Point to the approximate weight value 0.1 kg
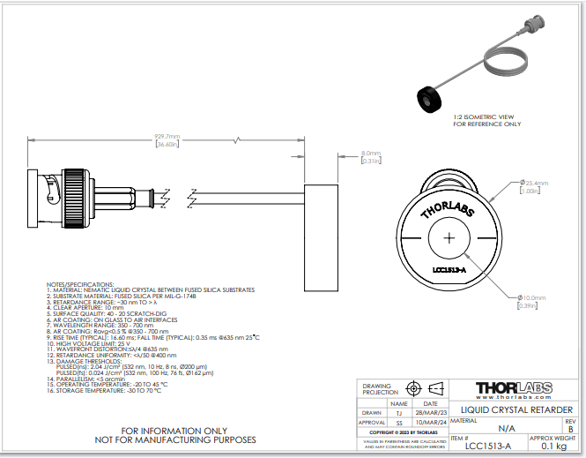point(553,447)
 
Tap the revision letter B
point(569,429)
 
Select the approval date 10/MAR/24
point(430,423)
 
